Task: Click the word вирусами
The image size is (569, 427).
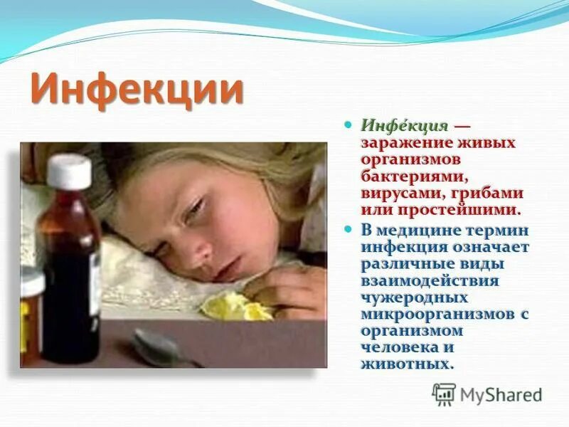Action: click(x=393, y=193)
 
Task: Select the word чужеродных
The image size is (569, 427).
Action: click(x=407, y=297)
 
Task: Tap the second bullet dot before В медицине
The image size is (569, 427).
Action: click(x=348, y=230)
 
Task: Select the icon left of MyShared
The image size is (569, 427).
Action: click(x=444, y=394)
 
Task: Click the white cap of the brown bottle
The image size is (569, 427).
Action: click(x=69, y=171)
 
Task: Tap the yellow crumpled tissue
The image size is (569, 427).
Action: click(x=235, y=306)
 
